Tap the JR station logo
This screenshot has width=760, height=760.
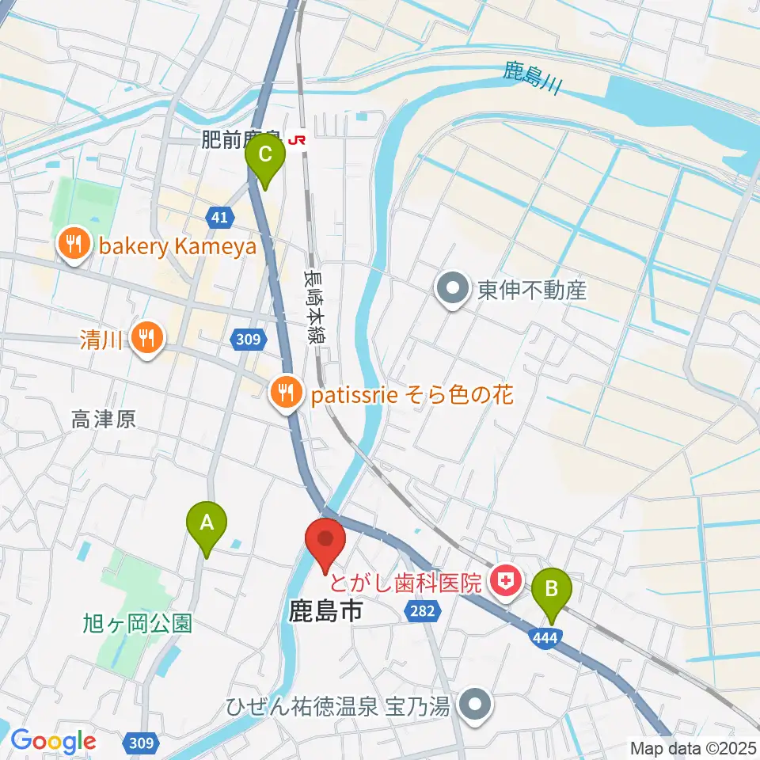point(298,140)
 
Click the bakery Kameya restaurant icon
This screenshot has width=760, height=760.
point(75,245)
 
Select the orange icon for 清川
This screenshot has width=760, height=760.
point(146,340)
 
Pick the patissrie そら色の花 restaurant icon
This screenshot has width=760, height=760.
point(284,393)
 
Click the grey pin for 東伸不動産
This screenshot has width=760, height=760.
point(453,290)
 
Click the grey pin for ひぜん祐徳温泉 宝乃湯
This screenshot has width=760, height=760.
point(475,703)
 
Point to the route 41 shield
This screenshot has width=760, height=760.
point(220,216)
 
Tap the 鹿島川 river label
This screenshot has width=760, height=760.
point(531,79)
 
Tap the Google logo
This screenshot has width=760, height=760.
point(53,741)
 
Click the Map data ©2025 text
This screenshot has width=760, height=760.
point(692,747)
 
